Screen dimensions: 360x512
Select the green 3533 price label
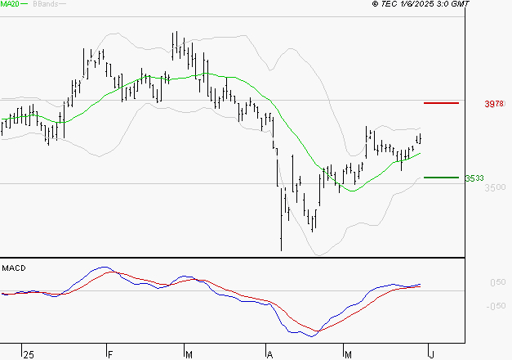coord(474,178)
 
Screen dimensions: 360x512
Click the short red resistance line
coord(441,103)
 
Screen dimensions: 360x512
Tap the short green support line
coord(441,177)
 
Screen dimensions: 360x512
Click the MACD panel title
coord(15,268)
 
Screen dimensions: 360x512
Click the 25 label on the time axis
coord(29,354)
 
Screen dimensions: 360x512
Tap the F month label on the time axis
coord(109,354)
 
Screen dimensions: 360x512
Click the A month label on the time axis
coord(269,354)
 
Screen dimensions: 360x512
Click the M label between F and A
coord(189,354)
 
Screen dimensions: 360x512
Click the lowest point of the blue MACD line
coord(309,336)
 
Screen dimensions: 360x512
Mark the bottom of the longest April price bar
coord(281,250)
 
